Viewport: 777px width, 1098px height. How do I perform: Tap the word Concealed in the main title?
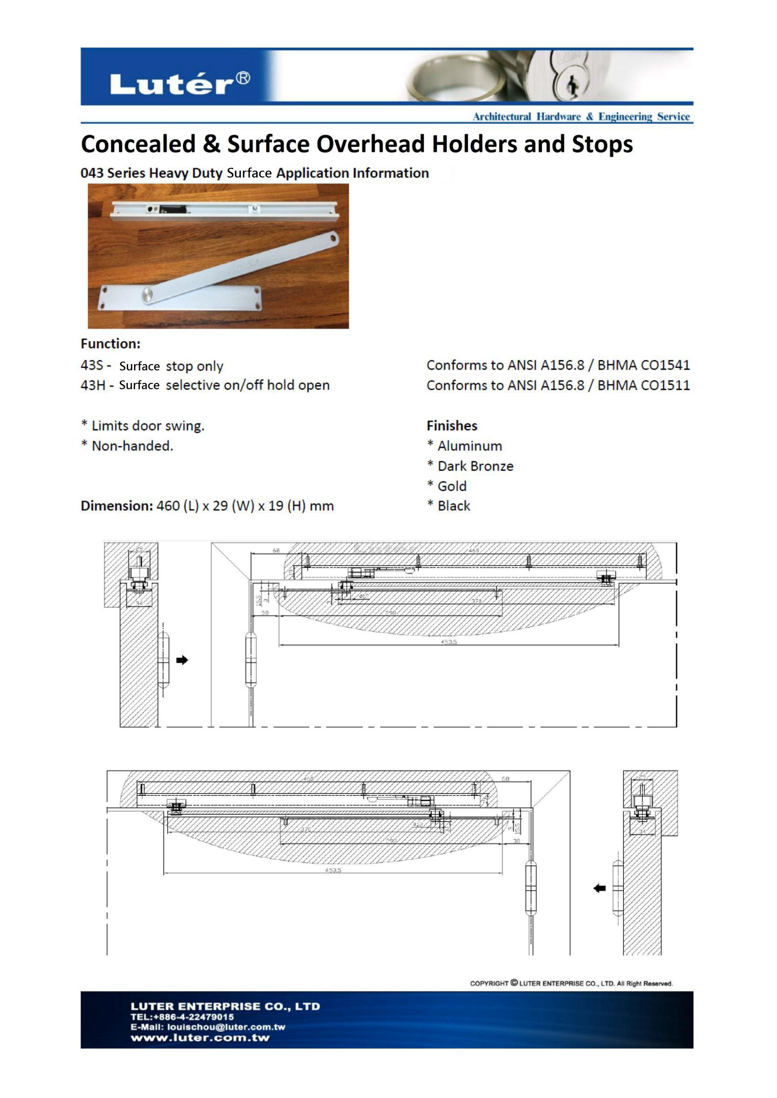tap(138, 144)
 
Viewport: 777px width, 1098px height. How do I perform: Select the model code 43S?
tap(92, 365)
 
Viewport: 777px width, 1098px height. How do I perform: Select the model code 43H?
tap(93, 385)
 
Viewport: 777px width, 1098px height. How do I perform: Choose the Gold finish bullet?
tap(452, 486)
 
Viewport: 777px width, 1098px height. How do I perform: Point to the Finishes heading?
tap(452, 425)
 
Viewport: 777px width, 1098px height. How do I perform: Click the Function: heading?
tap(111, 344)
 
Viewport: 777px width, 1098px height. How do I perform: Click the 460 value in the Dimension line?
tap(167, 506)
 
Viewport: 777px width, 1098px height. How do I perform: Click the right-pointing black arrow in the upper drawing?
tap(182, 660)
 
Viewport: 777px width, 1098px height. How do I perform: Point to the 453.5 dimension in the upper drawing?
tap(449, 642)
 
